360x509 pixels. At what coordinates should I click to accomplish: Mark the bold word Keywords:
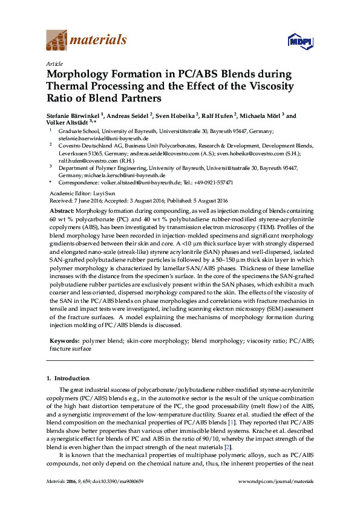point(64,341)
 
